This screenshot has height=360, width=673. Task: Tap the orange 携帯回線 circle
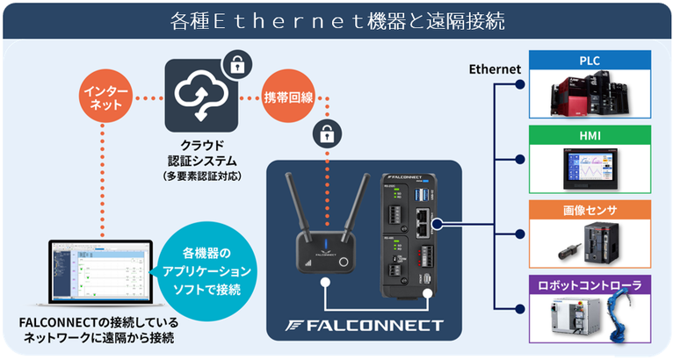tap(288, 97)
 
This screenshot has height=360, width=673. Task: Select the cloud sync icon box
tap(201, 96)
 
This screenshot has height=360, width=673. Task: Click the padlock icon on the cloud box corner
tap(236, 66)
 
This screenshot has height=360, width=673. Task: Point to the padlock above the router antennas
tap(327, 134)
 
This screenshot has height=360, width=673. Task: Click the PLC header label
tap(590, 61)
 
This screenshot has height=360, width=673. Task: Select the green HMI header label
tap(590, 135)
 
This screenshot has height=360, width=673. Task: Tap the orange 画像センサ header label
tap(590, 210)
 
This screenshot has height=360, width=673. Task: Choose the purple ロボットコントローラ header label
tap(590, 285)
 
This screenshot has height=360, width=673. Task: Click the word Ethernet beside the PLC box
tap(495, 69)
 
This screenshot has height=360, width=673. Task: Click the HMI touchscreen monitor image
tap(590, 169)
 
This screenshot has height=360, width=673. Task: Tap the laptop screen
tap(101, 271)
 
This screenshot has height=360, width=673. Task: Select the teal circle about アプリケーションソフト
tap(207, 271)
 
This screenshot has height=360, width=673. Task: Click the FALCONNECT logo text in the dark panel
tap(365, 326)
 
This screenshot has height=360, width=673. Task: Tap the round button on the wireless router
tap(344, 263)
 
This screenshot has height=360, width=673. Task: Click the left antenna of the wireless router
tap(296, 202)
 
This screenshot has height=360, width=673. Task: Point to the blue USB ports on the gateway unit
tap(421, 195)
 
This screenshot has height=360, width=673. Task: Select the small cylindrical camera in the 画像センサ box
tap(569, 252)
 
